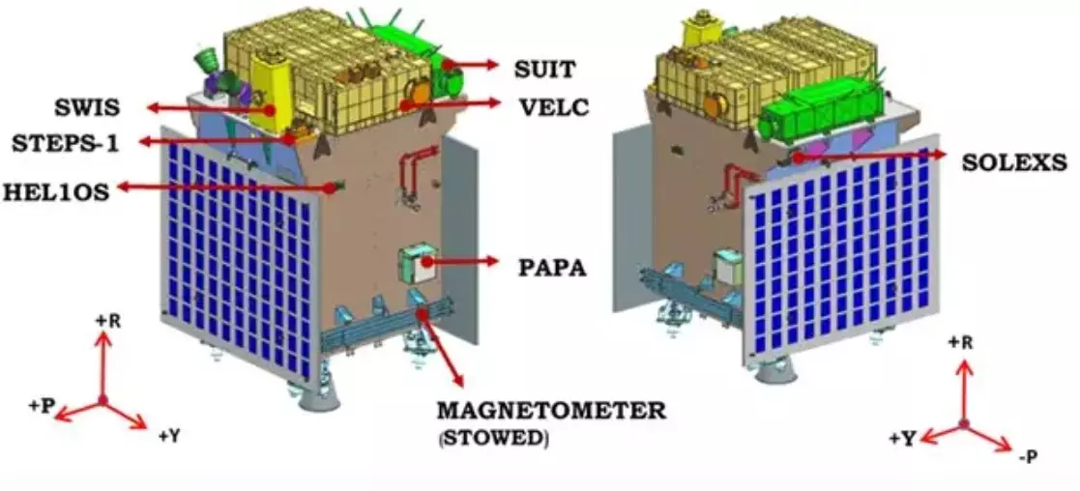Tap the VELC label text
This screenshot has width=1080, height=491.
pyautogui.click(x=551, y=105)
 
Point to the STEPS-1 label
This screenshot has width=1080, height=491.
pyautogui.click(x=65, y=143)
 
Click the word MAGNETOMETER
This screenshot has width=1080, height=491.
pyautogui.click(x=551, y=410)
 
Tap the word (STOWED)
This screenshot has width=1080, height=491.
pyautogui.click(x=493, y=438)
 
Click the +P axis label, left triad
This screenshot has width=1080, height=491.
pyautogui.click(x=40, y=406)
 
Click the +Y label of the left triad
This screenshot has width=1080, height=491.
pyautogui.click(x=169, y=436)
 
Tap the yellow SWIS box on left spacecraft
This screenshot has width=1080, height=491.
pyautogui.click(x=271, y=87)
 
